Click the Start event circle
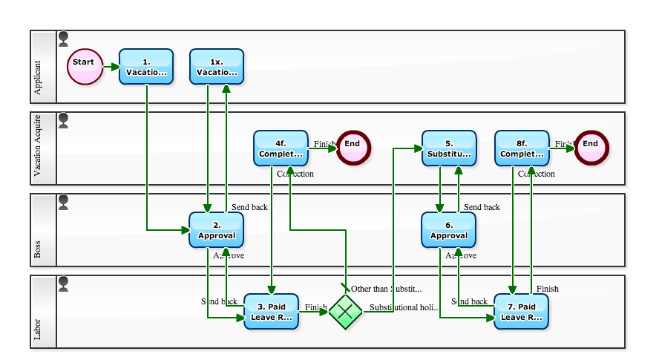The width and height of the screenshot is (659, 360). coord(84,67)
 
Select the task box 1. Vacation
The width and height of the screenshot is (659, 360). coord(146,67)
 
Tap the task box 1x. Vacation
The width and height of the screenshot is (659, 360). coord(217,67)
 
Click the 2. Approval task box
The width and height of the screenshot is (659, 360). coord(216,229)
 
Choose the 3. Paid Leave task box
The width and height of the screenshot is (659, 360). coord(272,312)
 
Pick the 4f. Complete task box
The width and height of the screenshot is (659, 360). coord(281,148)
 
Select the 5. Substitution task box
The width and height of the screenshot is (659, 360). coord(449,148)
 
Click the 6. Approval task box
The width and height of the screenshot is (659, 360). coord(449,229)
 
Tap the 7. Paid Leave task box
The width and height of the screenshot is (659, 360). coord(521,312)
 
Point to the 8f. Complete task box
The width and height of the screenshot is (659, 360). coord(522,148)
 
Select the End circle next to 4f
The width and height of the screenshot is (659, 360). coord(353,148)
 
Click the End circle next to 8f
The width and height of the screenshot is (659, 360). coord(591,148)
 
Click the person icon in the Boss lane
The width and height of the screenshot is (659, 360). coord(63,202)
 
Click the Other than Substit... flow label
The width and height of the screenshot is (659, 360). coord(386,289)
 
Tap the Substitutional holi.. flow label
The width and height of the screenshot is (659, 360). coord(404,307)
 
